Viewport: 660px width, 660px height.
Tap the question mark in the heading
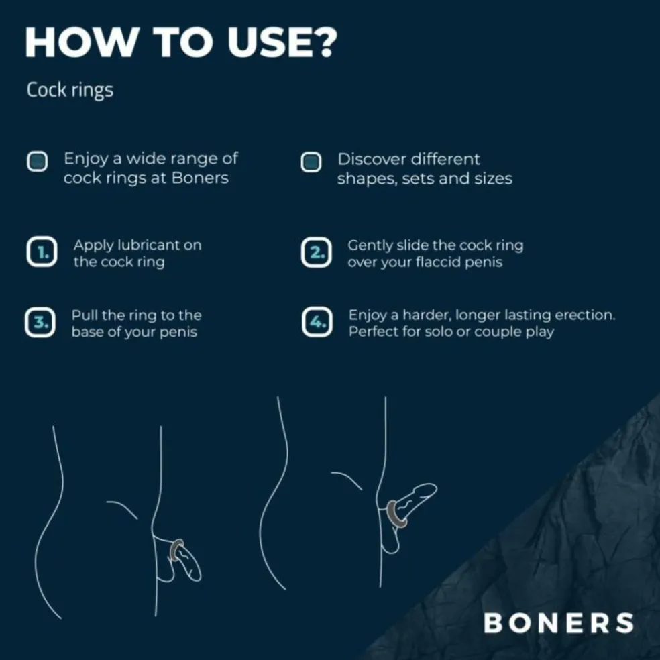tap(324, 42)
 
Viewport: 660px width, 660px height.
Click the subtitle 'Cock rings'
tap(70, 90)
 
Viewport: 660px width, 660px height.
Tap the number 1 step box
tap(42, 252)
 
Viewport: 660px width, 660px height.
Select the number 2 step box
tap(316, 253)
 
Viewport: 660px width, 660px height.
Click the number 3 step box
tap(40, 322)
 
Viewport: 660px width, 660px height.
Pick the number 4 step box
tap(317, 322)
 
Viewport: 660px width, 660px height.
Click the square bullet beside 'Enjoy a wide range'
tap(37, 161)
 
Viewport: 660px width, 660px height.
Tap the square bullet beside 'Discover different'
tap(311, 162)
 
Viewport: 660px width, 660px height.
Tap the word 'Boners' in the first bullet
tap(200, 178)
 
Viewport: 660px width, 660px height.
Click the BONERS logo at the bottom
tap(559, 623)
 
